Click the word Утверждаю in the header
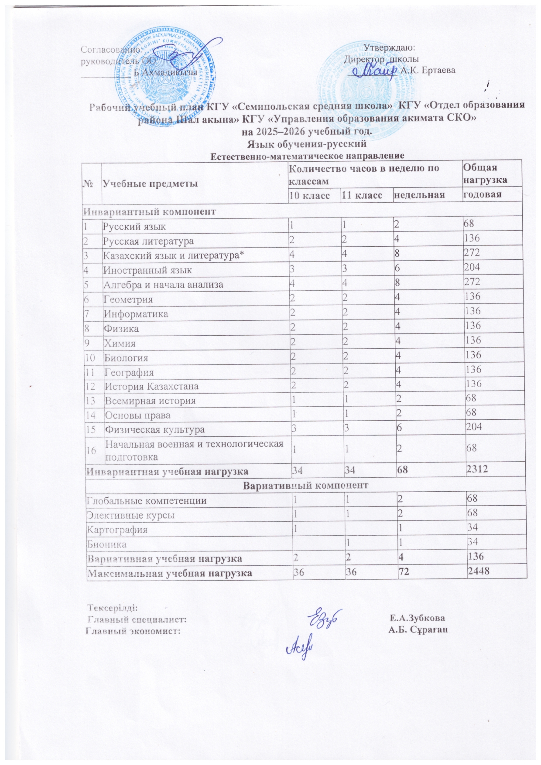coord(390,48)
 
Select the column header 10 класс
coord(310,196)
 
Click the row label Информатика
coord(135,314)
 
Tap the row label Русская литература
coord(148,241)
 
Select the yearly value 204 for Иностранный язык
coord(474,267)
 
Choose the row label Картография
coord(117,530)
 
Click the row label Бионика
coord(107,544)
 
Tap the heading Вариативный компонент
coord(305,485)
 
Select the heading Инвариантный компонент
coord(150,212)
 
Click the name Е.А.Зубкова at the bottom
coord(418,618)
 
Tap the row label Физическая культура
coord(155,429)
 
